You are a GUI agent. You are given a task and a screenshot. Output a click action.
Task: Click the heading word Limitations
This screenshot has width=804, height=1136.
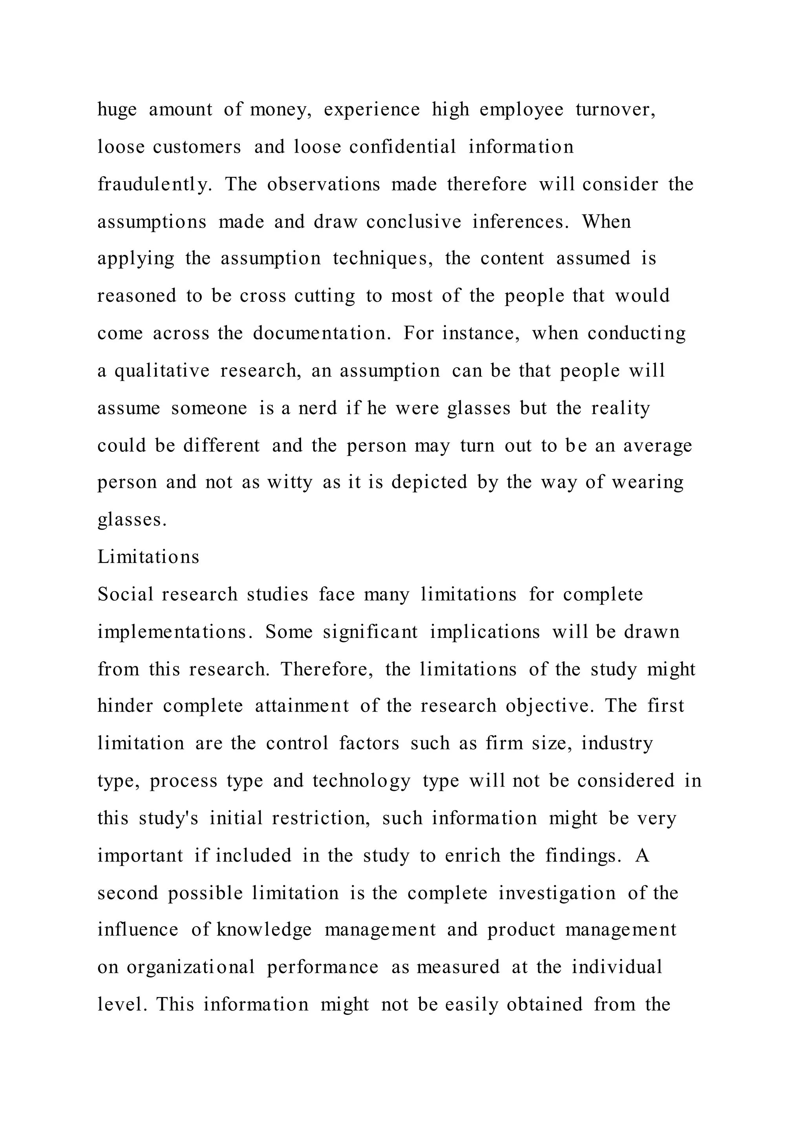point(148,557)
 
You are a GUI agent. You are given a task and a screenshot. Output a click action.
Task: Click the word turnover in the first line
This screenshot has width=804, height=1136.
point(616,109)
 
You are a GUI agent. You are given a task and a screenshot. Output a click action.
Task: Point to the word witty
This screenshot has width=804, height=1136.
point(290,482)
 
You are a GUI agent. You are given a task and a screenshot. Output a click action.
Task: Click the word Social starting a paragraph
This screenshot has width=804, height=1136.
point(125,594)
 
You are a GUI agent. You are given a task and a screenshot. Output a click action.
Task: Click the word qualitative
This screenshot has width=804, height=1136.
point(162,371)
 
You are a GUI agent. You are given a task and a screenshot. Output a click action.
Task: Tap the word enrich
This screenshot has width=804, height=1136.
point(472,855)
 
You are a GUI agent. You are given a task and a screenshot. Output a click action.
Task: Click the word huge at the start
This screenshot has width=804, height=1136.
point(117,110)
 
